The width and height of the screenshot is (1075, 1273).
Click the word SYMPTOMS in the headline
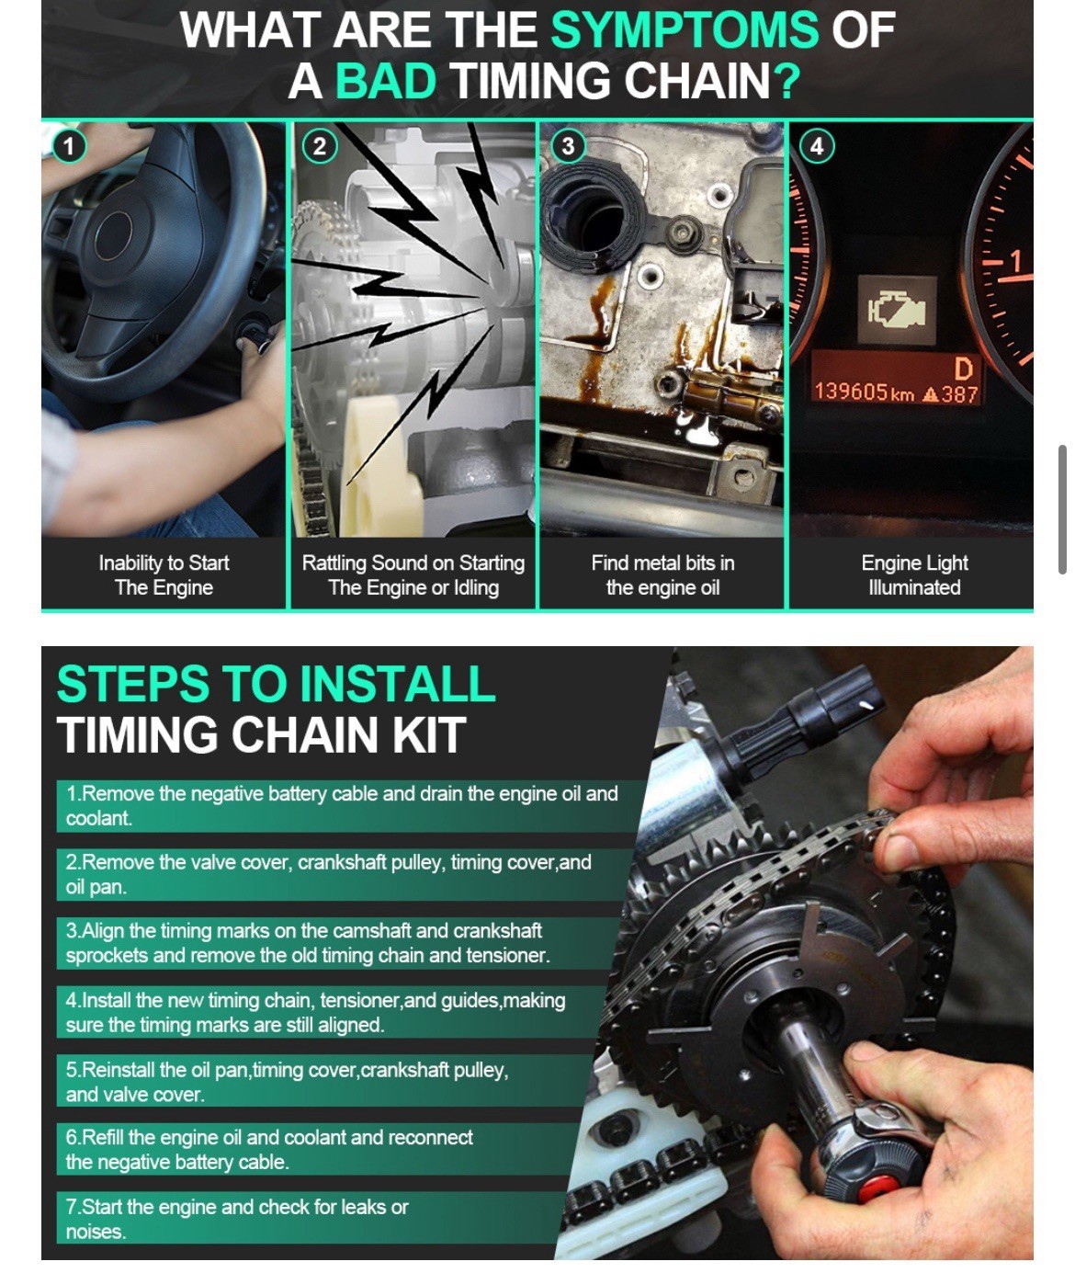(685, 29)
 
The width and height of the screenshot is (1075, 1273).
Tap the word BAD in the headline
(387, 81)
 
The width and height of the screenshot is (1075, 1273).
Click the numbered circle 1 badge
(69, 146)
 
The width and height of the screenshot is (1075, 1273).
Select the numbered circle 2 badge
(320, 146)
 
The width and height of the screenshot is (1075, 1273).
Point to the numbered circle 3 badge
(568, 146)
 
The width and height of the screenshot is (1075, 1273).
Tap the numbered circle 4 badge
(817, 146)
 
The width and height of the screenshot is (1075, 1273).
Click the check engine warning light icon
(897, 310)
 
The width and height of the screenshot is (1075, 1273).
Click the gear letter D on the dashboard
(963, 369)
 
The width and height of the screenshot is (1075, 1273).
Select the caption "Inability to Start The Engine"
(164, 574)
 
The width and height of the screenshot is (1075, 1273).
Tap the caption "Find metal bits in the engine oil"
(662, 574)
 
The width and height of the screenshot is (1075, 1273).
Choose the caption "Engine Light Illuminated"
(914, 574)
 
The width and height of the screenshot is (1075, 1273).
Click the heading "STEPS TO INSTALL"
(276, 684)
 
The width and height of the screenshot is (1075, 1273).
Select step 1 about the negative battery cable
(341, 805)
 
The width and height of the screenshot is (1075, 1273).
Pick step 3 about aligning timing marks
(308, 942)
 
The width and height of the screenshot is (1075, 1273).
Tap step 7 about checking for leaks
(236, 1219)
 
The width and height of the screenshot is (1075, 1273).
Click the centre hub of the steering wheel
(113, 236)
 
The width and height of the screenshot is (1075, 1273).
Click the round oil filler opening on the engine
(588, 208)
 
